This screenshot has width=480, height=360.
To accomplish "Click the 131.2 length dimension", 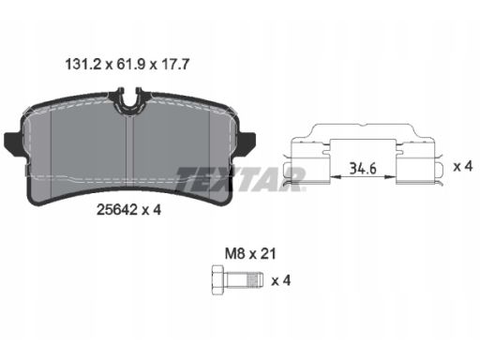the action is point(83,65).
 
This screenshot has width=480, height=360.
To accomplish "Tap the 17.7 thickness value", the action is point(175,65).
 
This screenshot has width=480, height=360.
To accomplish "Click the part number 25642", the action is point(117,210).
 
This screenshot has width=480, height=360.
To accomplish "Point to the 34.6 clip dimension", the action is point(363,169).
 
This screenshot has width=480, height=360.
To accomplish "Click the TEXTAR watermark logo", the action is point(240,179).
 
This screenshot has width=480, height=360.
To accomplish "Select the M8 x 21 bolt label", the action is point(250,254).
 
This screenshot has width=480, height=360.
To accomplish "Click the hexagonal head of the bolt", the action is point(217,279).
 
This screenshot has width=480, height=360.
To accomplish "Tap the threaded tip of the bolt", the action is point(255,279).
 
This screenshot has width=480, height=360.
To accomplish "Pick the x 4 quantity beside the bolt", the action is point(281,280).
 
